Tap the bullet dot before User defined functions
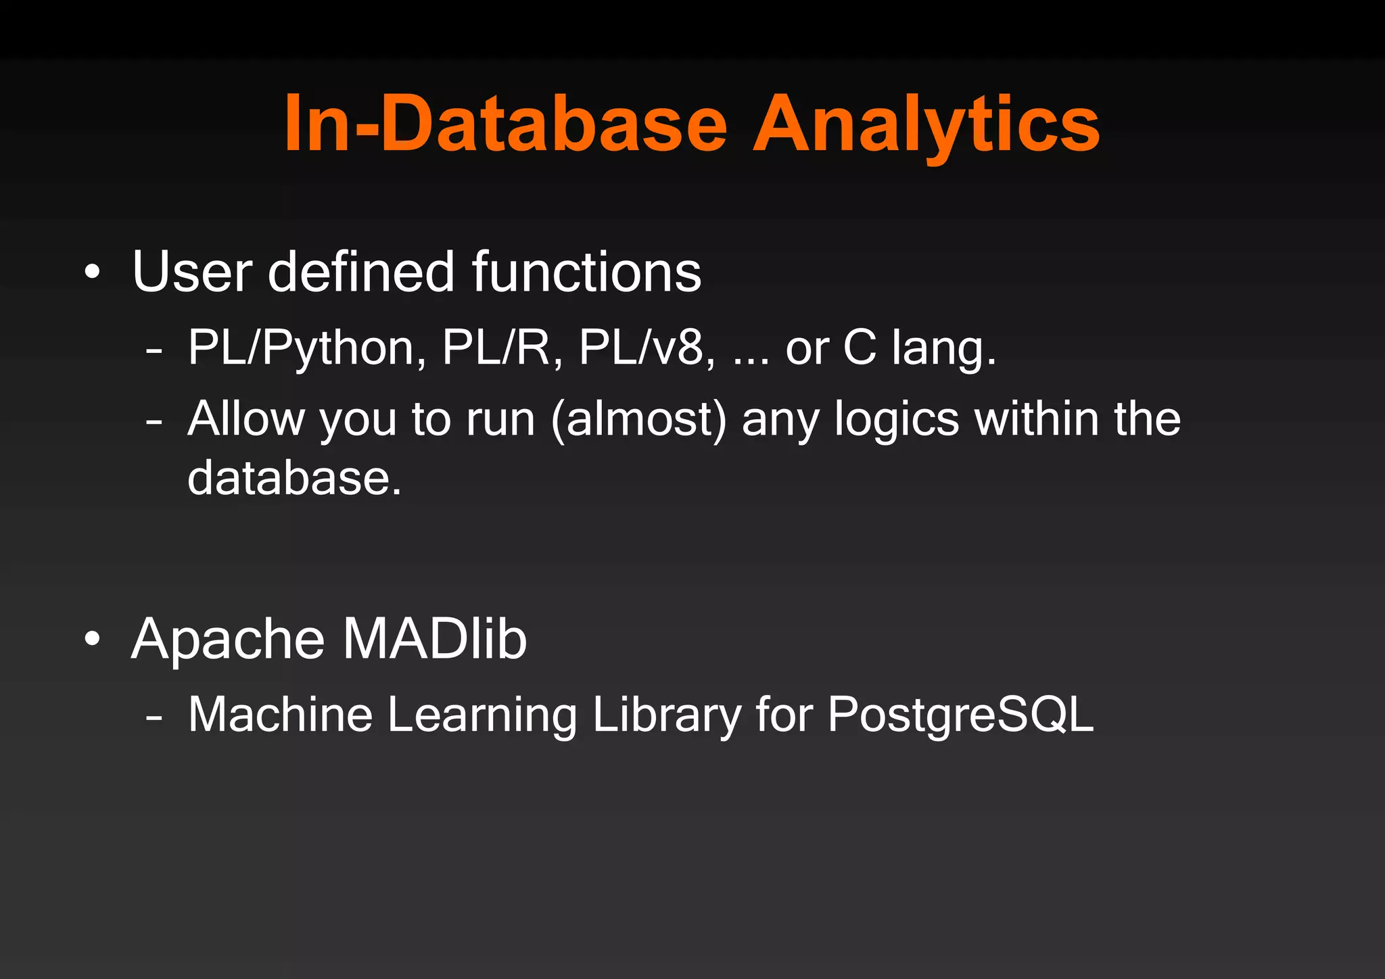93,273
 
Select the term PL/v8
647,349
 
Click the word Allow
245,419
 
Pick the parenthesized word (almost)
638,421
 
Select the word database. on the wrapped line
294,478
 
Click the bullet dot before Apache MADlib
93,640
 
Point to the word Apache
228,640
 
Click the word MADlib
434,638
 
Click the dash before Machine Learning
154,717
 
